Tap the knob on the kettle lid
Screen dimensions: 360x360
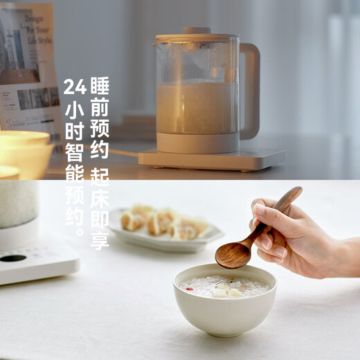(x=197, y=30)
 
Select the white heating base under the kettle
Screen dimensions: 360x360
(x=212, y=159)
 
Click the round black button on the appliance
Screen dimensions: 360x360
(x=12, y=258)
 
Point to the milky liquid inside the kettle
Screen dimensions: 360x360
(x=197, y=107)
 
